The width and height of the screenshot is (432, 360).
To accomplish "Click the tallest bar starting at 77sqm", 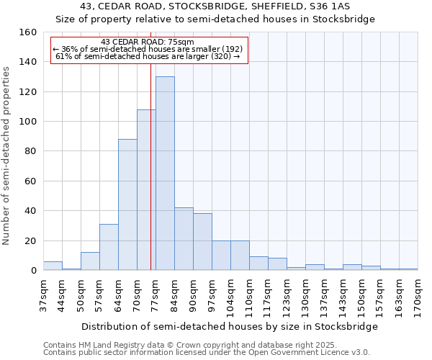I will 165,174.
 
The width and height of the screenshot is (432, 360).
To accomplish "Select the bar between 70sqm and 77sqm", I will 146,190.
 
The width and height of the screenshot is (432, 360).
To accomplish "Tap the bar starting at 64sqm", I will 127,204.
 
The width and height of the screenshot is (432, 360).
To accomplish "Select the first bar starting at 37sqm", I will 53,266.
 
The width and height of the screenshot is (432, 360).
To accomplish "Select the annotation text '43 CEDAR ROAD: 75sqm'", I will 148,42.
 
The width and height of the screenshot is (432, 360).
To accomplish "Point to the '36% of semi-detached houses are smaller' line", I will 148,49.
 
